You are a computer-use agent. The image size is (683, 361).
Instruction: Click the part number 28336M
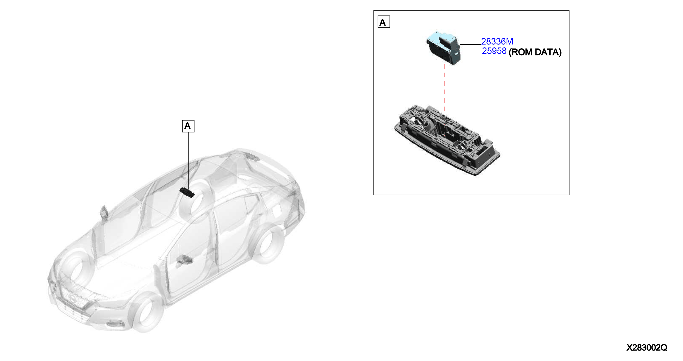pos(497,41)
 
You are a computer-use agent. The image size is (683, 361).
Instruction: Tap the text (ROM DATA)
pos(535,52)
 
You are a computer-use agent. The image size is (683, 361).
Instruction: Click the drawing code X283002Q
pos(647,347)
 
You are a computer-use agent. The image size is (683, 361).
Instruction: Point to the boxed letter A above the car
pos(188,126)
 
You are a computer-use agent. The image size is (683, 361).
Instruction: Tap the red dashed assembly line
pos(444,88)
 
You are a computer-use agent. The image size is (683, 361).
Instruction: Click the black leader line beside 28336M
pos(471,44)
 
